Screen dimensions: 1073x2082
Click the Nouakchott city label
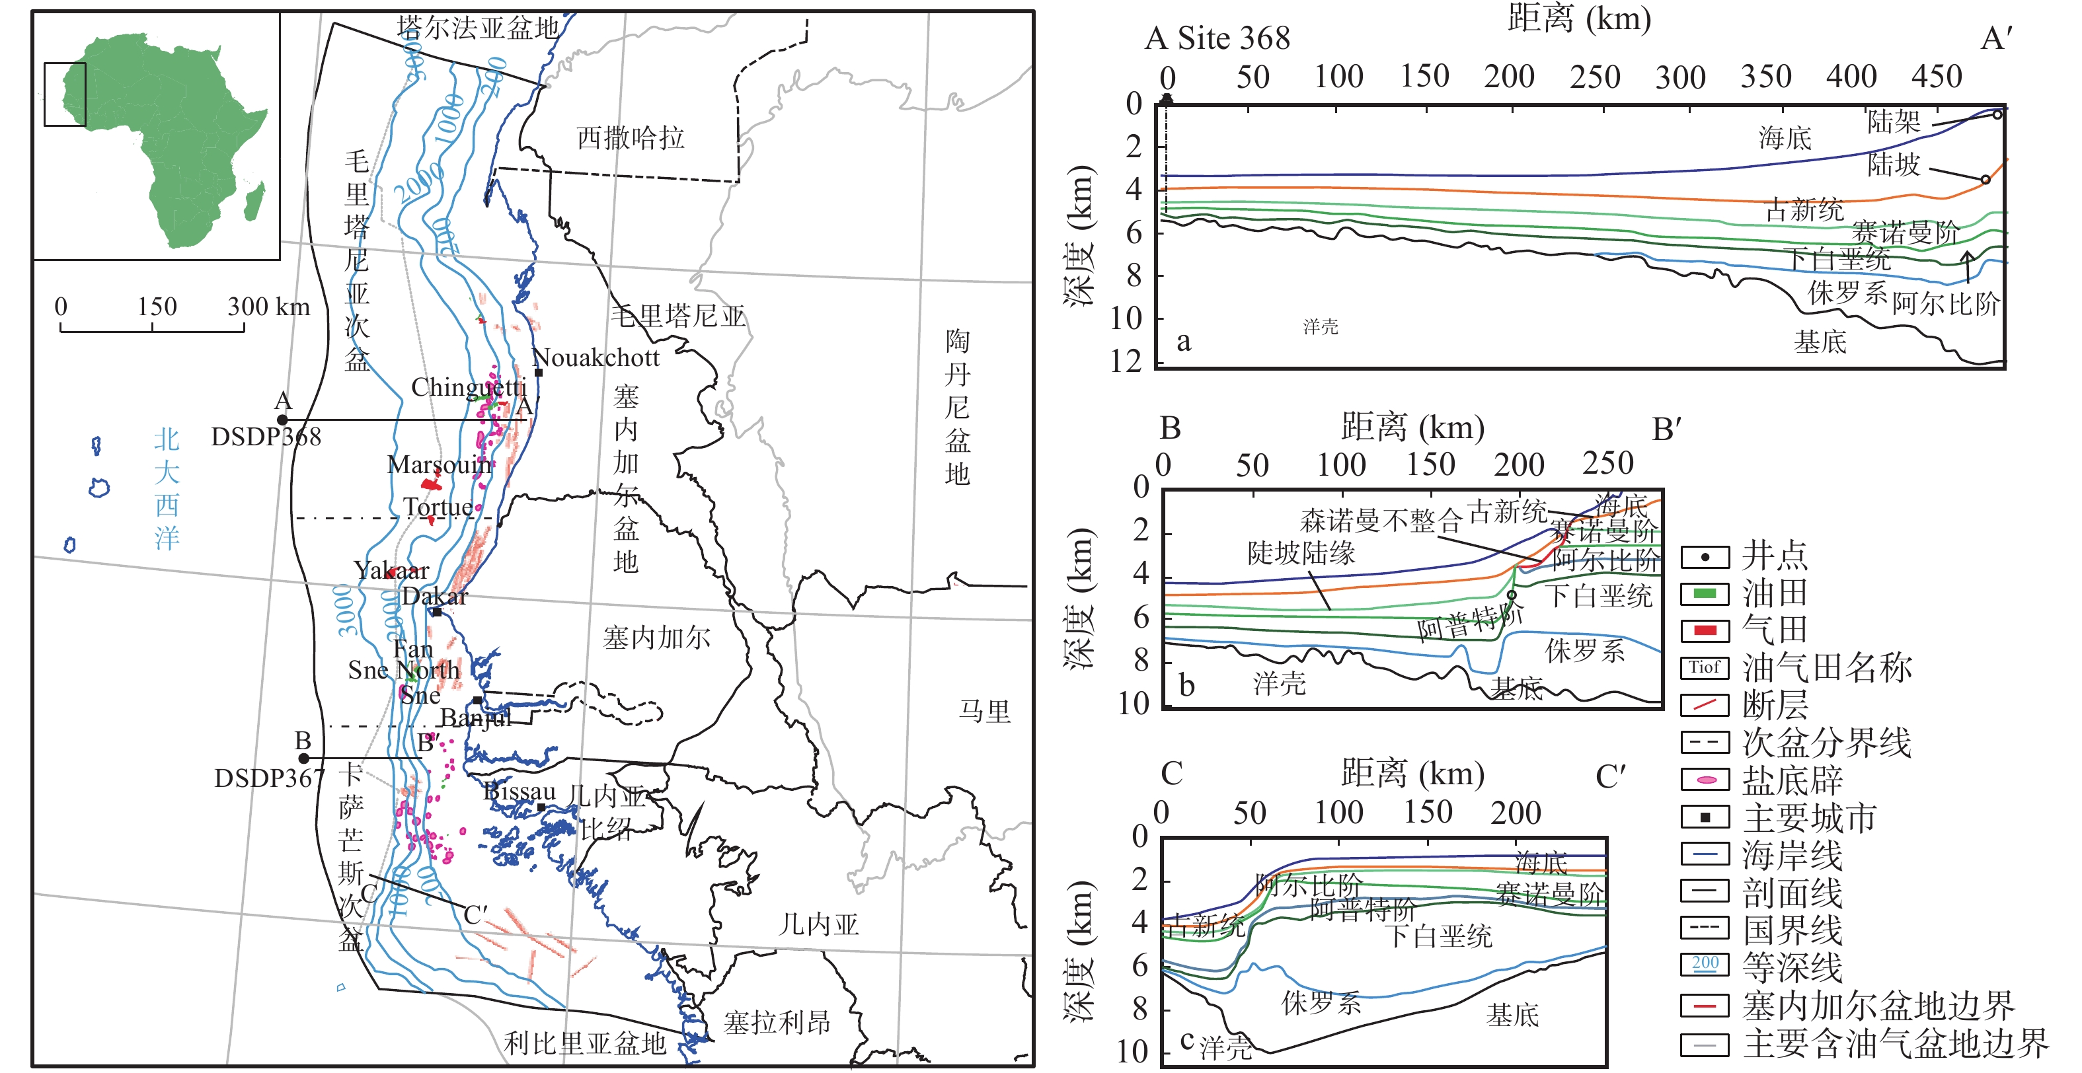(596, 357)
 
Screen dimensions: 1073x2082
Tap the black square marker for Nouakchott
(538, 373)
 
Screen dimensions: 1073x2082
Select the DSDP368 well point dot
(282, 420)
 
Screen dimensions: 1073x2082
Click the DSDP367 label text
(268, 778)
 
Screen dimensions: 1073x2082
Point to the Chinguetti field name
(468, 387)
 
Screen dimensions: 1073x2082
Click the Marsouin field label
(439, 464)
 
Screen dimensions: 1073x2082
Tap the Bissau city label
(519, 792)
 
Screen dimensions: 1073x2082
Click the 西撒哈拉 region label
(631, 138)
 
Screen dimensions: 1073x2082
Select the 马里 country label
(984, 712)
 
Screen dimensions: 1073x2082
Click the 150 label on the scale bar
(156, 307)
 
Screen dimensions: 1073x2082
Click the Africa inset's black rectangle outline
(65, 94)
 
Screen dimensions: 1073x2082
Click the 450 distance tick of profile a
(1937, 77)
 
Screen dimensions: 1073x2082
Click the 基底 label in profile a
(1820, 342)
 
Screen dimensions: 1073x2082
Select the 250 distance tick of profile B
(1607, 464)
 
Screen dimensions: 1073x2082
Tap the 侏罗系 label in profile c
(1321, 1004)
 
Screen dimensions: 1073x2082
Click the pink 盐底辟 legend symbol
(1705, 780)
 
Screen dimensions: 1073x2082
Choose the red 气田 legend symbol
(1705, 630)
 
